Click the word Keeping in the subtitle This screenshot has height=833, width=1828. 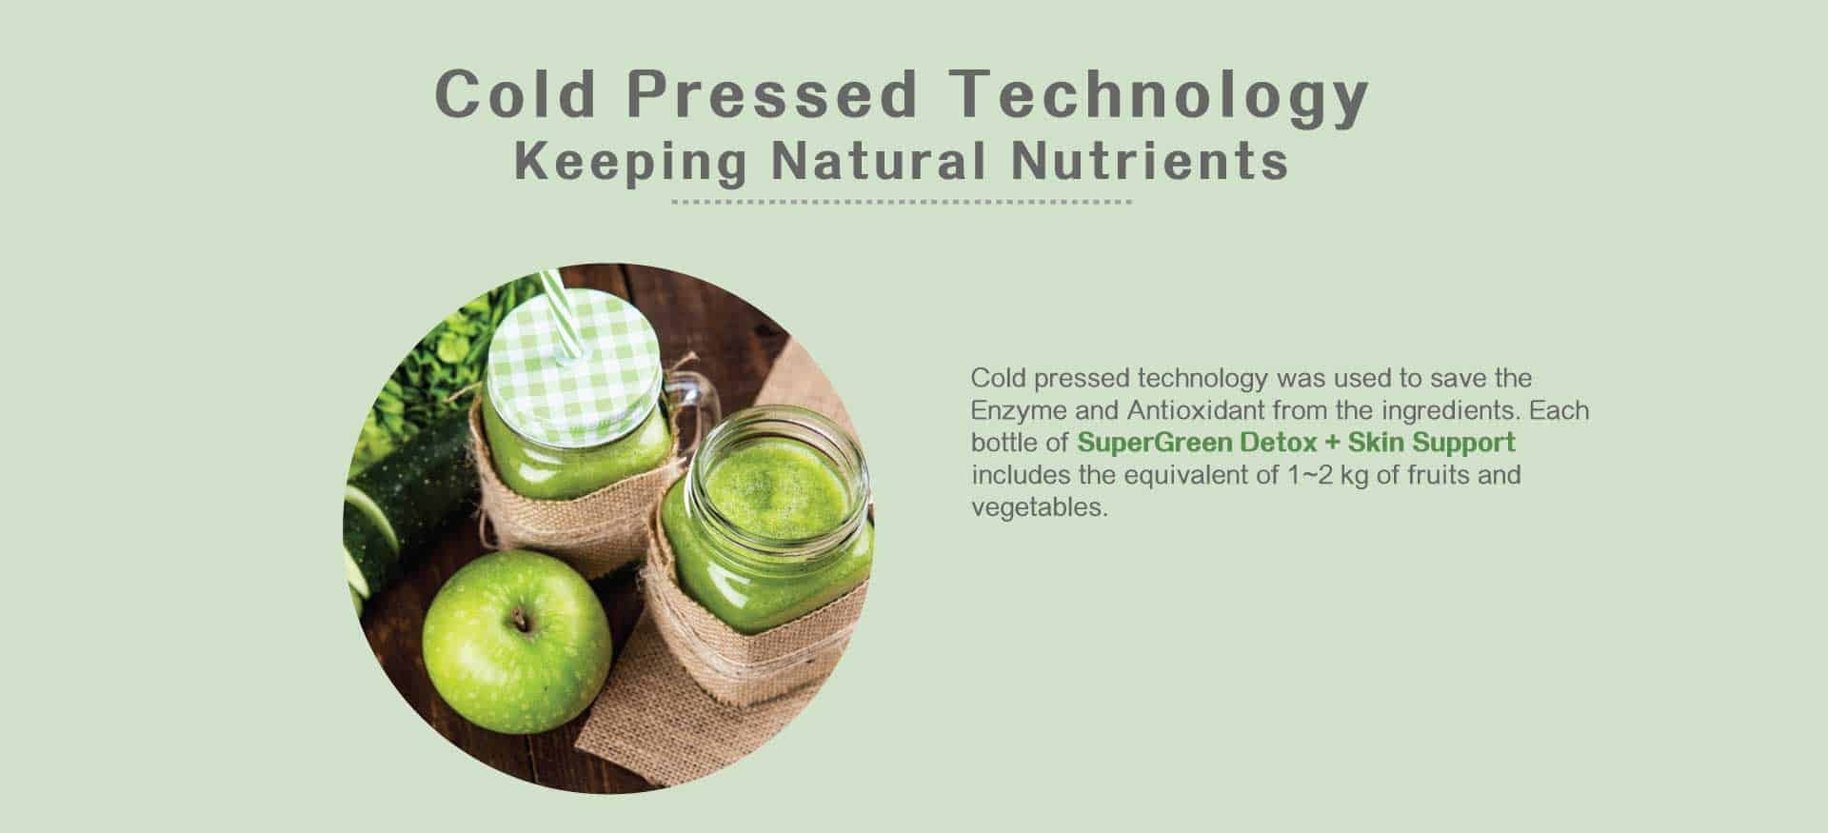point(630,163)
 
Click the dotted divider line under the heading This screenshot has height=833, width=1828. point(902,202)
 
